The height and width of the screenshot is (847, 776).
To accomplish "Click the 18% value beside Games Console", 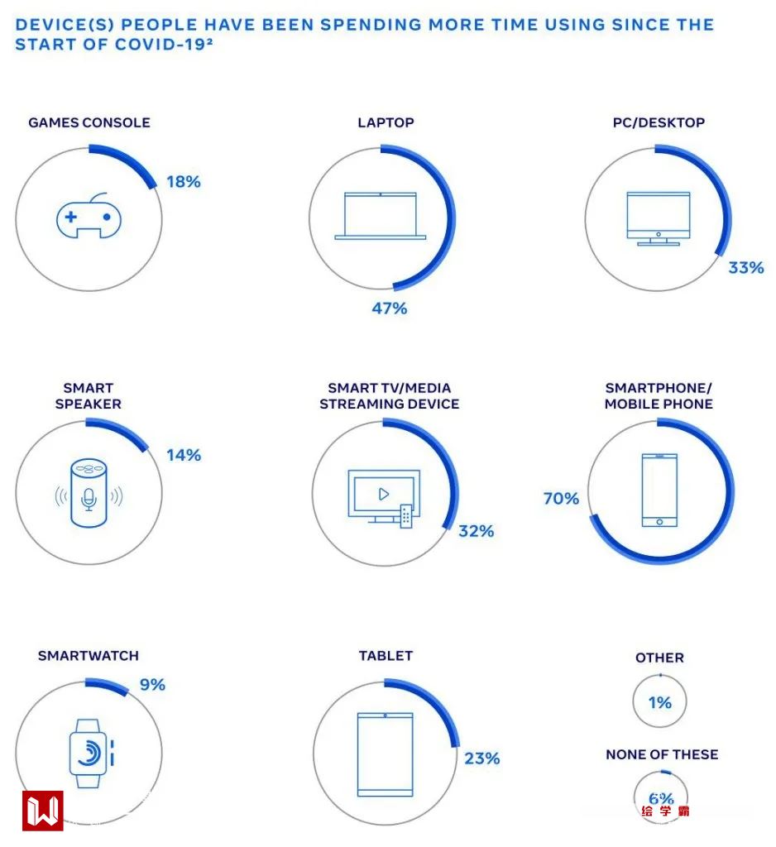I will [x=183, y=182].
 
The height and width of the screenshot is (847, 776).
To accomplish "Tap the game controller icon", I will [x=89, y=218].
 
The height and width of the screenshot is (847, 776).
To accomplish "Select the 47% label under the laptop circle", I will [x=389, y=309].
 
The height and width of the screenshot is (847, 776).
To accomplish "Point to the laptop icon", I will [x=381, y=217].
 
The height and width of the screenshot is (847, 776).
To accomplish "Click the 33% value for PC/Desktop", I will [x=745, y=267].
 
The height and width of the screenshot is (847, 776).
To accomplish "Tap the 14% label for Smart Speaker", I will [x=183, y=455].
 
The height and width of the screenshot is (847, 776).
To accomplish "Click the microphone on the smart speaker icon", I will [x=89, y=498].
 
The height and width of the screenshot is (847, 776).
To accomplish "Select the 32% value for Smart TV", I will [x=476, y=531].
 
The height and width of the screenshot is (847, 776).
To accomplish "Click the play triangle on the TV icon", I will [x=384, y=494].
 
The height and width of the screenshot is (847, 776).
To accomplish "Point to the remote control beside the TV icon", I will [x=406, y=516].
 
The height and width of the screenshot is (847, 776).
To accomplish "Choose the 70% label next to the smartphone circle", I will [x=561, y=499].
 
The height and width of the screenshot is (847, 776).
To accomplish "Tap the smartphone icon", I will [x=659, y=490].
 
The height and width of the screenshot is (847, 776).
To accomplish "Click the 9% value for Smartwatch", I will [x=152, y=685].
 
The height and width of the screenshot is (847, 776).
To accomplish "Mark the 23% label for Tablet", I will [x=481, y=758].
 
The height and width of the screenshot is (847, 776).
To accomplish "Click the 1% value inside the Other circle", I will [x=659, y=703].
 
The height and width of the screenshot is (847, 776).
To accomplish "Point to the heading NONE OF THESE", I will [x=662, y=754].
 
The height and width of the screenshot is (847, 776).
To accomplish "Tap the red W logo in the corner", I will [x=42, y=811].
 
